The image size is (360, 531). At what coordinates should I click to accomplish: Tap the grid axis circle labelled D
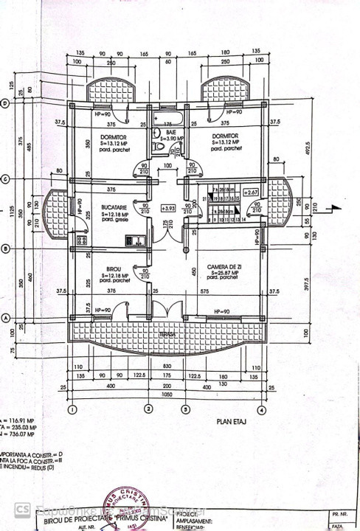click(4, 103)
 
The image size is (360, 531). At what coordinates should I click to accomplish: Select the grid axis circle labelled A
click(4, 319)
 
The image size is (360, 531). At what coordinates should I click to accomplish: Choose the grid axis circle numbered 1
click(72, 409)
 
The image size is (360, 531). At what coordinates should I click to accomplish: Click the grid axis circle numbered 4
click(260, 409)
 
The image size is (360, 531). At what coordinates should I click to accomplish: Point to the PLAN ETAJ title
click(229, 424)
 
